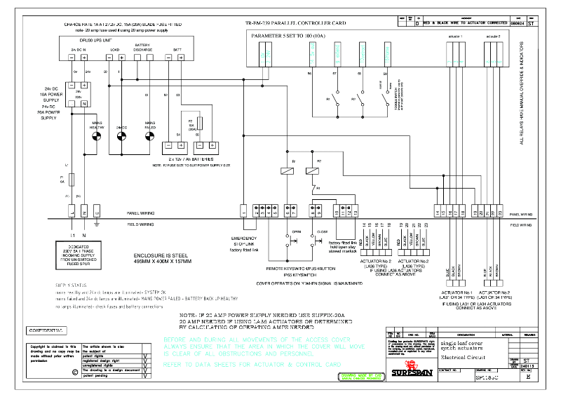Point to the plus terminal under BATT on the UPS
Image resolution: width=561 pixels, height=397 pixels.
[182, 58]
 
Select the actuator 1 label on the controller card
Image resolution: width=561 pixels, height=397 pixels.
[455, 34]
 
